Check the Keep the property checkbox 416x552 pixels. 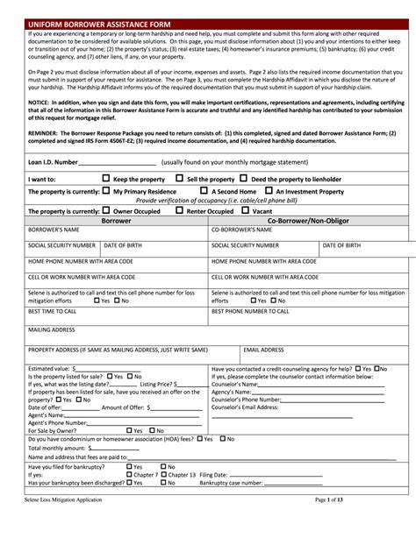(x=107, y=178)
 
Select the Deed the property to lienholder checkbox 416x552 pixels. (x=244, y=178)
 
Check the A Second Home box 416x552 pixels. (x=204, y=189)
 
